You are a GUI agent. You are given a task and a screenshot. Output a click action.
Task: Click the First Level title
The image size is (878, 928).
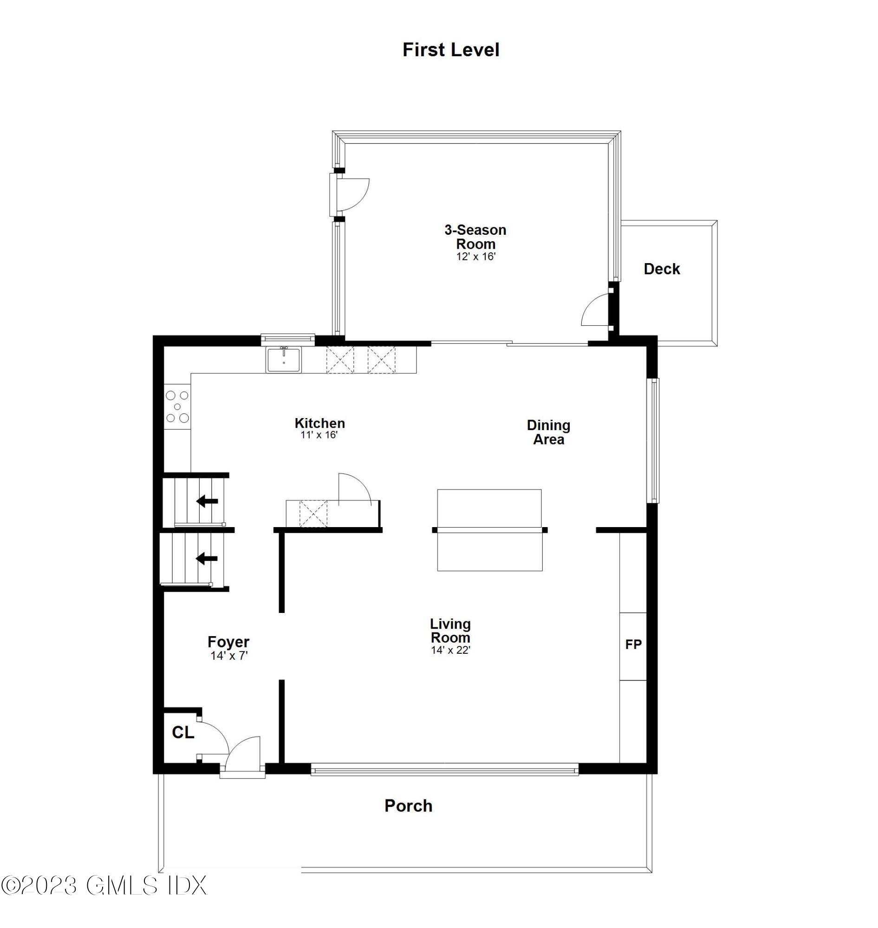click(451, 50)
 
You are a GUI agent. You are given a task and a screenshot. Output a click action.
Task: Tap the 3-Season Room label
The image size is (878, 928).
click(475, 237)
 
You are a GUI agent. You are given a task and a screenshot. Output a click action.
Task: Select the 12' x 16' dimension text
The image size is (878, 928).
click(475, 256)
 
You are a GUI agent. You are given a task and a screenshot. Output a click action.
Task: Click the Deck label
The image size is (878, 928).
click(661, 269)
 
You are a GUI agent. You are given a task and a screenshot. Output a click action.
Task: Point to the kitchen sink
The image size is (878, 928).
click(284, 360)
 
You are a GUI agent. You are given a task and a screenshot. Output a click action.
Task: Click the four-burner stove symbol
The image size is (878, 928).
click(177, 406)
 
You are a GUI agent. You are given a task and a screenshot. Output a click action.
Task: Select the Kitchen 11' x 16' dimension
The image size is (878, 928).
click(319, 435)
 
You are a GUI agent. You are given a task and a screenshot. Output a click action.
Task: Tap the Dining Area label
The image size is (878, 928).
click(548, 432)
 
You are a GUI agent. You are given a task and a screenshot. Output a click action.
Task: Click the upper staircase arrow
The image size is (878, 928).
click(207, 501)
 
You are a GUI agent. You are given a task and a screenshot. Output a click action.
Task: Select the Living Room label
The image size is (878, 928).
click(450, 631)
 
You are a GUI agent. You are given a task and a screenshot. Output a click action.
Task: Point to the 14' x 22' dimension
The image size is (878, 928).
click(450, 650)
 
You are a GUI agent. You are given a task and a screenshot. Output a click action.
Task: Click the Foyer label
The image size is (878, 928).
click(228, 641)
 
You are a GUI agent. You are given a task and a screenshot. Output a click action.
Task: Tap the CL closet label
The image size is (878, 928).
click(182, 733)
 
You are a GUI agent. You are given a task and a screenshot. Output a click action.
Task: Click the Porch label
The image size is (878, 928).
click(408, 806)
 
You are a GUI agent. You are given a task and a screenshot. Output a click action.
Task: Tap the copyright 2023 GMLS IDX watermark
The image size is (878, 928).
click(104, 885)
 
